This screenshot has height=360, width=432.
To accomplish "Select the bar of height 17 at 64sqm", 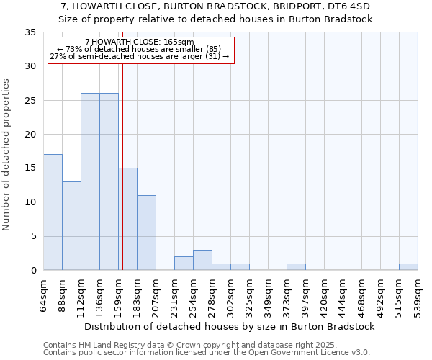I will click(x=53, y=212).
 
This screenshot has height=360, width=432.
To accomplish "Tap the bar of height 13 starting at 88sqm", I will click(x=71, y=226).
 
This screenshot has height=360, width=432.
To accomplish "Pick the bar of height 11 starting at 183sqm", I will click(x=146, y=233).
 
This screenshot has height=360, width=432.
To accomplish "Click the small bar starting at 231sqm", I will click(x=184, y=264).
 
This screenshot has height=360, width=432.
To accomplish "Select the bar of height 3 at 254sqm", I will click(x=202, y=260).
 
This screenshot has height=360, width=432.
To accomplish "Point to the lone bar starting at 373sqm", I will click(x=296, y=267).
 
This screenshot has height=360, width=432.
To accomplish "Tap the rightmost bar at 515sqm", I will click(x=408, y=267).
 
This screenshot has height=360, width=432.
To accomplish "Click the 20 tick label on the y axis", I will click(x=30, y=135).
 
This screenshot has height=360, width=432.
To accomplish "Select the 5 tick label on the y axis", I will click(x=33, y=237).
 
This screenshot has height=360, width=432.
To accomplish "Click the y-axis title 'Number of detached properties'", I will click(x=7, y=155).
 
